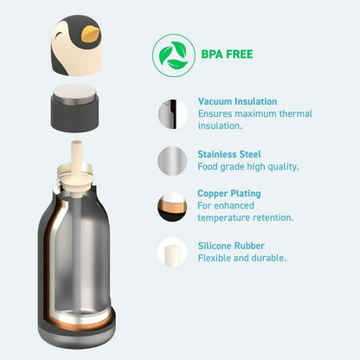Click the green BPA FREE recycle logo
[170, 53]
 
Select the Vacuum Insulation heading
[237, 101]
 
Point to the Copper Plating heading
[228, 194]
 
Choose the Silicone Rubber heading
[231, 246]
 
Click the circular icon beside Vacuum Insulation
[172, 113]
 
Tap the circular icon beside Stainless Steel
[172, 160]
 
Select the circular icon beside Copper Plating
[172, 207]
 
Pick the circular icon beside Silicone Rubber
[172, 253]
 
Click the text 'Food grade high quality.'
[248, 166]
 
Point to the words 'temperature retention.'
[246, 218]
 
